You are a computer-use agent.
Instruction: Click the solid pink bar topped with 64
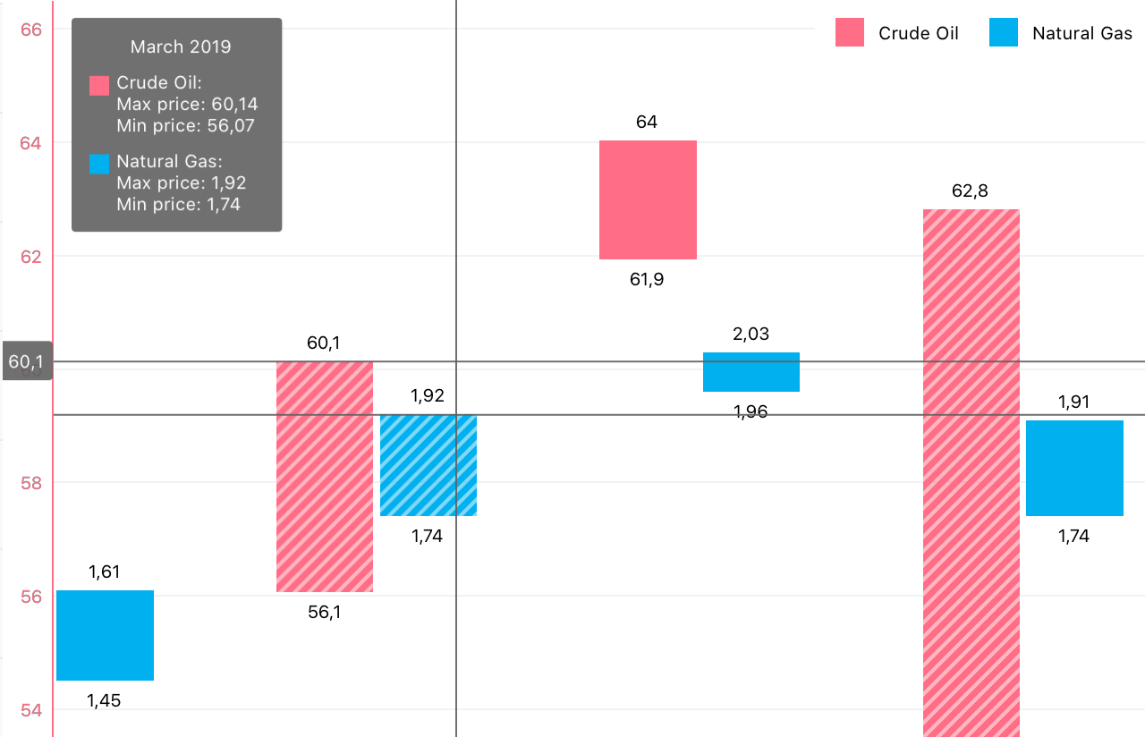[648, 199]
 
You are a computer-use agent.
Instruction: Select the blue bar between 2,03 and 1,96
[751, 372]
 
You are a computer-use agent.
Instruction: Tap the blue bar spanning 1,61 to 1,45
[105, 635]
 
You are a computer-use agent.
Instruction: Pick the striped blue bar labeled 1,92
[428, 465]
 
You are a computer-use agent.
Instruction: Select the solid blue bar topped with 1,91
[1074, 468]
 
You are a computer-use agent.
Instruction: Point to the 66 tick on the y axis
[31, 30]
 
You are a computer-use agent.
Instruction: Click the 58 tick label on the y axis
[31, 483]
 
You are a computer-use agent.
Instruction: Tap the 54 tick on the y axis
[31, 710]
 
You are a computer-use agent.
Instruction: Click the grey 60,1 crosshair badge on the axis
[26, 362]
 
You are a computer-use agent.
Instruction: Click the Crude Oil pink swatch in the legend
[850, 33]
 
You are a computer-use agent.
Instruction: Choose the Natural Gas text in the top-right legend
[1081, 33]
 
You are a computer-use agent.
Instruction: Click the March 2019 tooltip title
[180, 47]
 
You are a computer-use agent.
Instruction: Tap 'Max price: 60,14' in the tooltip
[187, 105]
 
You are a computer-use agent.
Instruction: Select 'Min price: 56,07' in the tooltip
[185, 126]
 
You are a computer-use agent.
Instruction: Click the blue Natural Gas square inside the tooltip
[99, 164]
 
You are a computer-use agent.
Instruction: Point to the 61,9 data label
[647, 280]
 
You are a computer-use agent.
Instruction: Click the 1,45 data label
[104, 701]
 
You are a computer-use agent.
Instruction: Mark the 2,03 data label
[751, 335]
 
